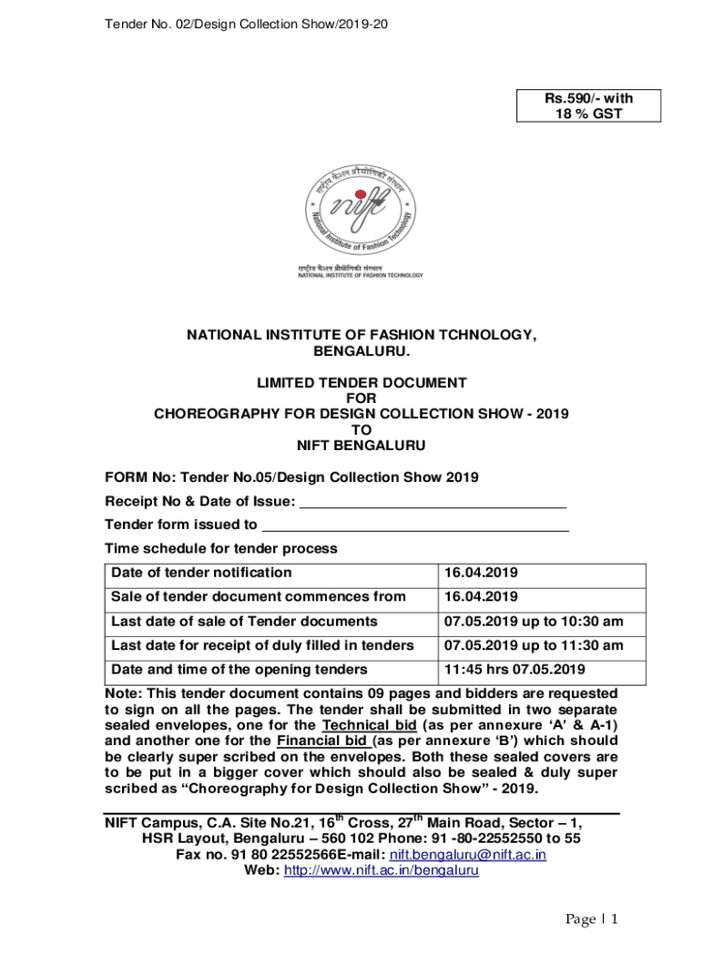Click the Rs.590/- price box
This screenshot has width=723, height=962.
589,105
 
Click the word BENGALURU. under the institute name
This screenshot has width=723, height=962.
361,350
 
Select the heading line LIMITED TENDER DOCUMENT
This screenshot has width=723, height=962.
361,382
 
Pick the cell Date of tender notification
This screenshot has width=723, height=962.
202,573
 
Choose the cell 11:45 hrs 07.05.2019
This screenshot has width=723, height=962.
515,670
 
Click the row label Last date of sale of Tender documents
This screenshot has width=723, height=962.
244,621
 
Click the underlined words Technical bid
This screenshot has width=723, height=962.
369,726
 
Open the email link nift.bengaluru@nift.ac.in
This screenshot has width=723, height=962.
468,855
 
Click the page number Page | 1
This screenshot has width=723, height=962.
591,920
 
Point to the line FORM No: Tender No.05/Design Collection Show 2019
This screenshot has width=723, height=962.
291,477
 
